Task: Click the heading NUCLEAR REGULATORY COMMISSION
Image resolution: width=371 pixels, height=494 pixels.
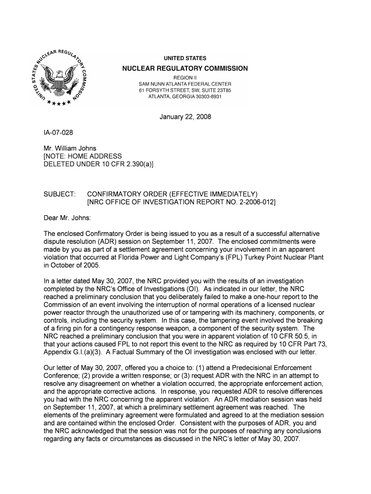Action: pyautogui.click(x=185, y=69)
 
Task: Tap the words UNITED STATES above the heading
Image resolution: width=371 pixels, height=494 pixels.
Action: pyautogui.click(x=185, y=58)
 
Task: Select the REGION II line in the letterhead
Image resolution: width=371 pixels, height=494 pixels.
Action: pyautogui.click(x=185, y=77)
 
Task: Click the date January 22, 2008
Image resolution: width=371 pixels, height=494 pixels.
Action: pyautogui.click(x=185, y=117)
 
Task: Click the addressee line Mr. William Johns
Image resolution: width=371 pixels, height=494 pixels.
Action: pyautogui.click(x=70, y=148)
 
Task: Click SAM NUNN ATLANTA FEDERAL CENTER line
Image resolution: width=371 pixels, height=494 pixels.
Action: pyautogui.click(x=185, y=84)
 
